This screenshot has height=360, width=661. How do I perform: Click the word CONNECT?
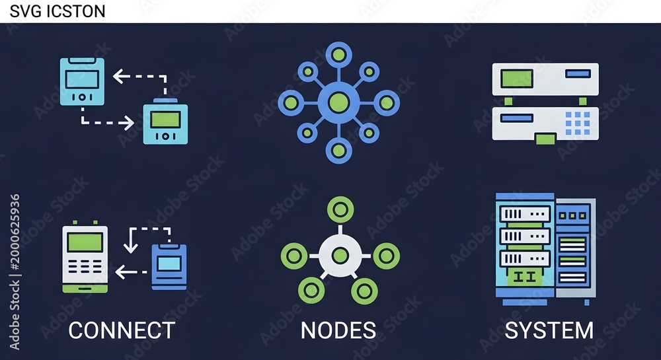122,330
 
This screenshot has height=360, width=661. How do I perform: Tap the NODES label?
338,330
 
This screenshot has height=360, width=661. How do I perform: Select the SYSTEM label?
549,330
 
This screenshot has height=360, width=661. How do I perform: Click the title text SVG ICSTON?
58,11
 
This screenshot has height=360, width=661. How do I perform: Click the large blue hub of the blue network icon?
339,103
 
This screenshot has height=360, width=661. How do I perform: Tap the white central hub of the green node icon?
340,256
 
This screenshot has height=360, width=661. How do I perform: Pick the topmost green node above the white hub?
340,209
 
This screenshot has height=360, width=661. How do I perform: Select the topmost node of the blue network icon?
339,55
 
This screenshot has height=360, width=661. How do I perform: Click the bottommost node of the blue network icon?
339,151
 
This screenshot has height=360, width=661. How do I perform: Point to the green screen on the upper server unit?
517,79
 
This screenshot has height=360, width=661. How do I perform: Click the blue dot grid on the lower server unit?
578,124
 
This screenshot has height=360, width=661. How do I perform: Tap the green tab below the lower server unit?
545,139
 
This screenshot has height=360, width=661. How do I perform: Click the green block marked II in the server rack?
525,277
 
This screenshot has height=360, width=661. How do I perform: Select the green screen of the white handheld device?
85,242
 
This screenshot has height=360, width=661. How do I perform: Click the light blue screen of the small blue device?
169,264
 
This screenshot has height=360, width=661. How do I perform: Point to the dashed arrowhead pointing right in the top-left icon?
127,123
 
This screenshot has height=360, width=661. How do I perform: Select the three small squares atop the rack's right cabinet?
572,215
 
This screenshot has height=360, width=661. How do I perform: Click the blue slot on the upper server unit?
578,74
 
